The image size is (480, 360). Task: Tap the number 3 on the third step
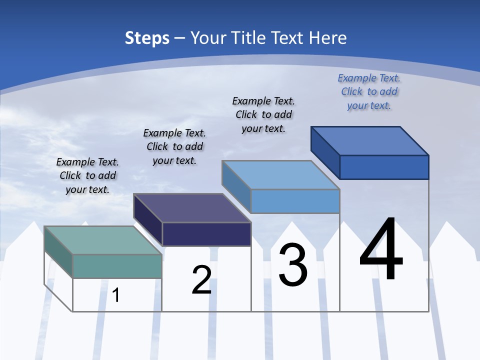293,265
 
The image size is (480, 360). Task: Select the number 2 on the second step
201,279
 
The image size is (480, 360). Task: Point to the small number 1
116,295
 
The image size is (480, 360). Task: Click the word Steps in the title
147,38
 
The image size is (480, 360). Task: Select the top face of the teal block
103,240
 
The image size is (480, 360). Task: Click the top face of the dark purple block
192,207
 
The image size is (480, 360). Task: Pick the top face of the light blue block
280,174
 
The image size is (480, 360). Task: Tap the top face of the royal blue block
370,140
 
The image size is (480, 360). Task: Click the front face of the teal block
117,266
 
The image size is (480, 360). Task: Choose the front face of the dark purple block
206,234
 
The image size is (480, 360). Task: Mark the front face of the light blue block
295,201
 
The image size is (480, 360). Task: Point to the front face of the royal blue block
384,167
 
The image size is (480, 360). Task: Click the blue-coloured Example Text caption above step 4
369,91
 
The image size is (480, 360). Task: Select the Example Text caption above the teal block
87,175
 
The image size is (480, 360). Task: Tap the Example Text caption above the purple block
174,146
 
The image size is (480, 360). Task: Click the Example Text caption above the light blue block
263,114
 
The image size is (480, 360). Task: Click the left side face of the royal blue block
325,152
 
